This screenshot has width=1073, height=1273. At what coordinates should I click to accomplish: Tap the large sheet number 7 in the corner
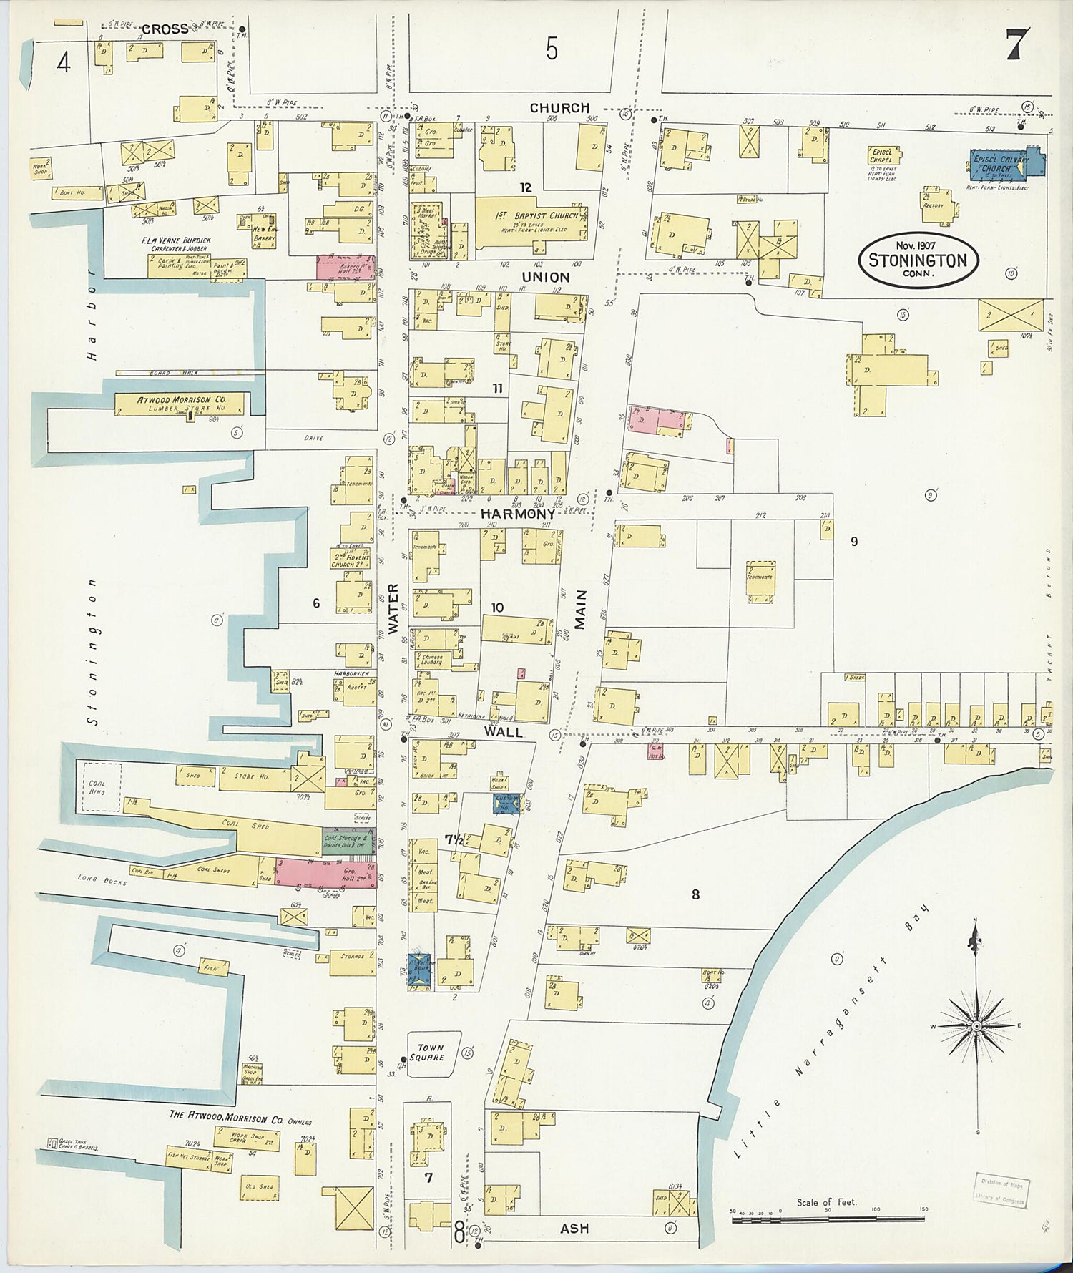(x=1017, y=44)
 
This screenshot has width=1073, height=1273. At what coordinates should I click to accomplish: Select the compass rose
(x=976, y=1026)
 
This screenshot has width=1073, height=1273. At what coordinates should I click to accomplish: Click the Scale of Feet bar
(x=828, y=1218)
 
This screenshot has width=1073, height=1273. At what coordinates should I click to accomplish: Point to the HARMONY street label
(x=517, y=514)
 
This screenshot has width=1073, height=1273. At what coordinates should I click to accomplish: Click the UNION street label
(x=546, y=277)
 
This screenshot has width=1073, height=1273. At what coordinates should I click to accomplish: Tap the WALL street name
(x=504, y=732)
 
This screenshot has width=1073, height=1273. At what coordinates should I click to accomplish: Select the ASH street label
(x=574, y=1228)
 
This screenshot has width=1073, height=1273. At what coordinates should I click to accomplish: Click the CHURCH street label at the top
(x=559, y=108)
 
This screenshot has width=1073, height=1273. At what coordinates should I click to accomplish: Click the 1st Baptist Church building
(x=533, y=221)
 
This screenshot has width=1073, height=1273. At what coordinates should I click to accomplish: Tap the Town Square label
(x=431, y=1052)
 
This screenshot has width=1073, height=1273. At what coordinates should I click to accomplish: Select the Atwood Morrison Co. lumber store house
(x=182, y=404)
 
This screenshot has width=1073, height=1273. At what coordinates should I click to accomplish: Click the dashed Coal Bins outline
(x=101, y=787)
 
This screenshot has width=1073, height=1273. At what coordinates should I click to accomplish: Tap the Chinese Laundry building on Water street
(x=433, y=658)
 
